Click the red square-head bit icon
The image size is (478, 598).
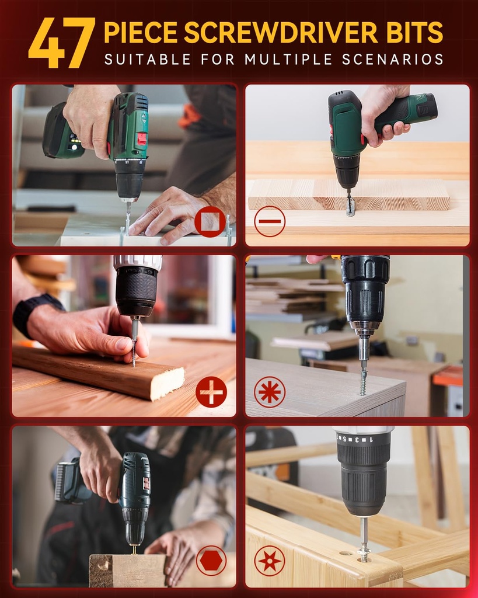(x=210, y=222)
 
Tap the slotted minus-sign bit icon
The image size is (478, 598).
(x=270, y=222)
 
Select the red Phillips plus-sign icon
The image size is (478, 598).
(x=211, y=391)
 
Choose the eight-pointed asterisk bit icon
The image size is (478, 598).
(x=270, y=391)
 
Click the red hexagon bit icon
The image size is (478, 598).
(x=211, y=561)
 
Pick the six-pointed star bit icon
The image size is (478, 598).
(x=270, y=561)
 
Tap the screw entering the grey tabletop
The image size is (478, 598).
(x=363, y=383)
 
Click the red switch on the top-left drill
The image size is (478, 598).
(x=141, y=138)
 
